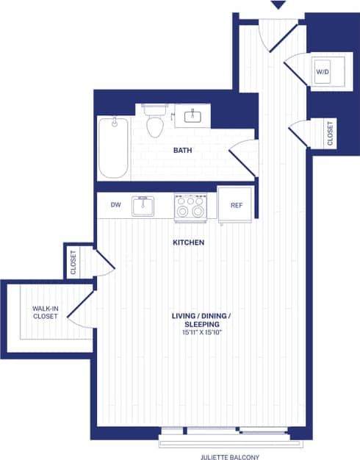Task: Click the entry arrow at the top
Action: [278, 6]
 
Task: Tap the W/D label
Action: [323, 72]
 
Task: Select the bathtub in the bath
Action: [114, 148]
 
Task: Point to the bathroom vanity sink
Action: [194, 115]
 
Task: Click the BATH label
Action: [183, 151]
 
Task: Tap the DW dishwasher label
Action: [115, 206]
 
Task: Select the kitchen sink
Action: [143, 206]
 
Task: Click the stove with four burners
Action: [190, 206]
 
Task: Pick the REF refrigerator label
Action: [235, 206]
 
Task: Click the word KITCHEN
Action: [188, 242]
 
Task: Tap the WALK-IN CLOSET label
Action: [46, 312]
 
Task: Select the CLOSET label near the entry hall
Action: [331, 133]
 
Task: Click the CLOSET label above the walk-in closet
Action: [73, 262]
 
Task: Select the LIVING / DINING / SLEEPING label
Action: [201, 320]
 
